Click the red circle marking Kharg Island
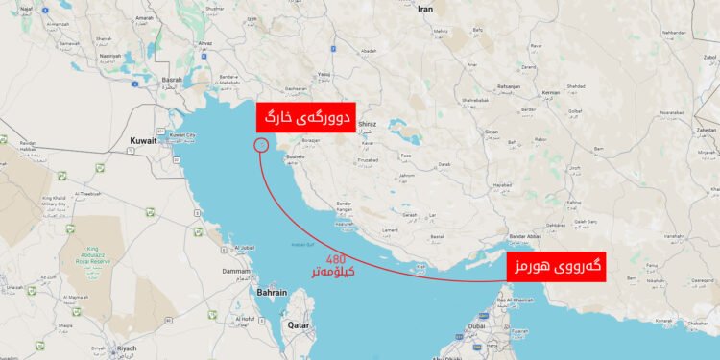click(260, 145)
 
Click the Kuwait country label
click(143, 141)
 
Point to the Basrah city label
click(173, 81)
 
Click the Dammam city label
click(236, 273)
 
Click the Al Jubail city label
click(245, 249)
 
